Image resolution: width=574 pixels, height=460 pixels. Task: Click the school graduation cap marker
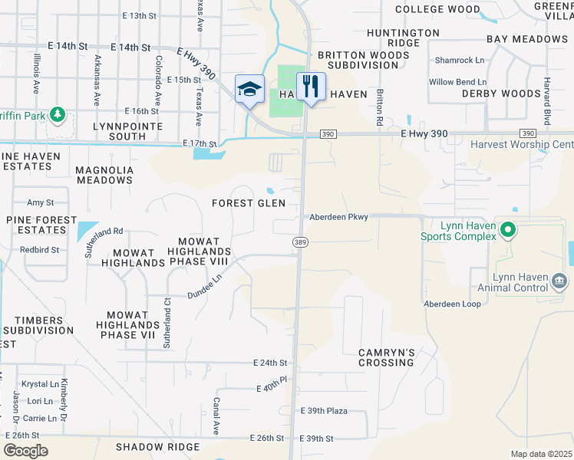249,90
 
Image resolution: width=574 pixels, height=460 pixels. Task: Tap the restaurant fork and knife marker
311,86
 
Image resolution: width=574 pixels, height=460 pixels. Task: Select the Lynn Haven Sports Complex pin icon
507,229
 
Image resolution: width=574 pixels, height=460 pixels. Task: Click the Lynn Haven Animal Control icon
559,281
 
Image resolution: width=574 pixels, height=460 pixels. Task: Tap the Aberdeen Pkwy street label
338,217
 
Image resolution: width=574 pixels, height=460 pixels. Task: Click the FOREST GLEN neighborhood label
249,203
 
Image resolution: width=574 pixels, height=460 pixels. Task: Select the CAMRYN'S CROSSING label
387,358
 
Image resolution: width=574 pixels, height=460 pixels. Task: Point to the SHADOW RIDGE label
157,446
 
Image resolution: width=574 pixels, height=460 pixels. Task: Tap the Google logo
25,450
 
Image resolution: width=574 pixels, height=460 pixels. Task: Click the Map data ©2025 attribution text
541,454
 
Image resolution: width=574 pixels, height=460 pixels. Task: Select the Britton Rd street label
379,106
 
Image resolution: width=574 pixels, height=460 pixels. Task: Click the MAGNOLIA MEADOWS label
104,175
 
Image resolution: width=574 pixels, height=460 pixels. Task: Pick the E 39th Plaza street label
324,411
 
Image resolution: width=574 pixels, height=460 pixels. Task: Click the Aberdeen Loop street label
452,304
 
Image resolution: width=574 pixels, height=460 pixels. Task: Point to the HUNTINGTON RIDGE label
403,38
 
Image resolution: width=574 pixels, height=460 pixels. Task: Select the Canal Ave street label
217,416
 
